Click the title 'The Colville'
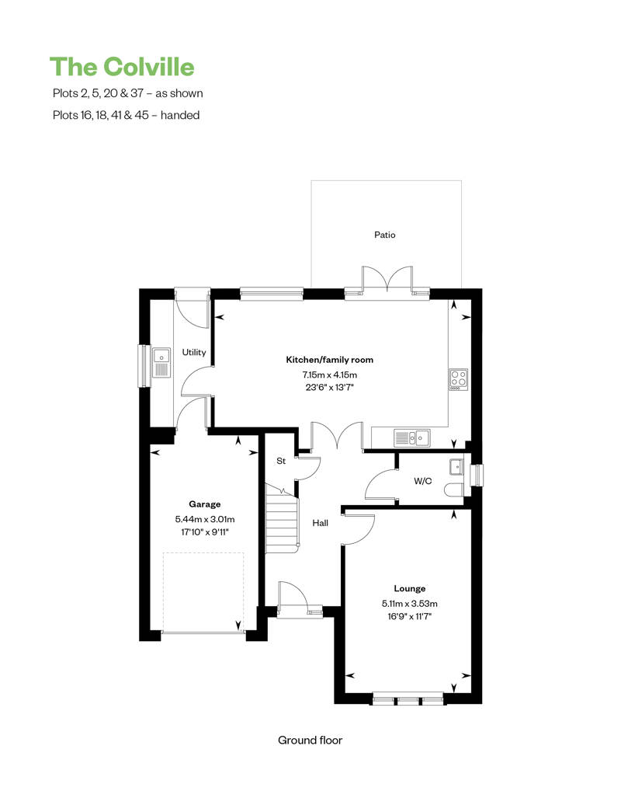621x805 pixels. click(122, 67)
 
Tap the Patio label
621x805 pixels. click(385, 234)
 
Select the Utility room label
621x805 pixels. click(194, 352)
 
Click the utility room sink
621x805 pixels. click(161, 363)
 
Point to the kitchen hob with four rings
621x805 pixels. click(458, 379)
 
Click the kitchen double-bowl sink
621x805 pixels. click(413, 437)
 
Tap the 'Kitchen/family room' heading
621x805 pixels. click(330, 360)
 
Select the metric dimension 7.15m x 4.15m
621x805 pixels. click(330, 375)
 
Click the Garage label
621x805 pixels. click(205, 504)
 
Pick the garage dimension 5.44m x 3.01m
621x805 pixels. click(205, 519)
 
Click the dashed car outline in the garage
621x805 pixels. click(203, 591)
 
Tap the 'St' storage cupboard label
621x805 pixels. click(281, 461)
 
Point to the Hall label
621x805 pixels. click(321, 523)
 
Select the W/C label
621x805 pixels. click(422, 481)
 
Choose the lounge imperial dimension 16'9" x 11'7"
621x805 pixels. click(408, 615)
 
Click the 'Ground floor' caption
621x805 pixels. click(310, 740)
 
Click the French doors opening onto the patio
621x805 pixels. click(387, 281)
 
